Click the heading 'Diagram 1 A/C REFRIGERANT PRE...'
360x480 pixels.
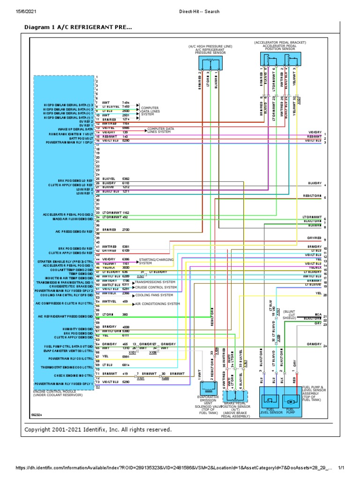(x=78, y=28)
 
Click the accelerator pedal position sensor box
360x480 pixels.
(x=280, y=60)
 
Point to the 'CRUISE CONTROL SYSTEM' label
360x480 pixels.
(x=156, y=287)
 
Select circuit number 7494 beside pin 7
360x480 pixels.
(x=126, y=102)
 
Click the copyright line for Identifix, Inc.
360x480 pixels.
(x=98, y=429)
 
